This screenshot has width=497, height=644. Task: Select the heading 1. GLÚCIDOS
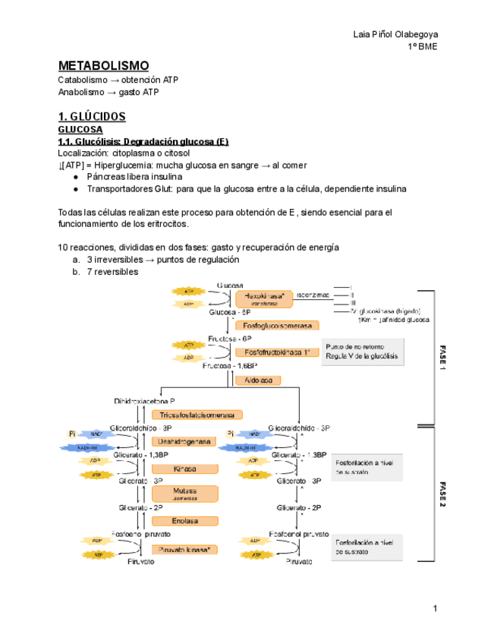[x=92, y=116]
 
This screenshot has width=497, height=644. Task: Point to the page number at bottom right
[x=436, y=608]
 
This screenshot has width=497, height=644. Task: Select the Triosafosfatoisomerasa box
[x=197, y=415]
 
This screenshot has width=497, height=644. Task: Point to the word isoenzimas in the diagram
[x=313, y=294]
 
